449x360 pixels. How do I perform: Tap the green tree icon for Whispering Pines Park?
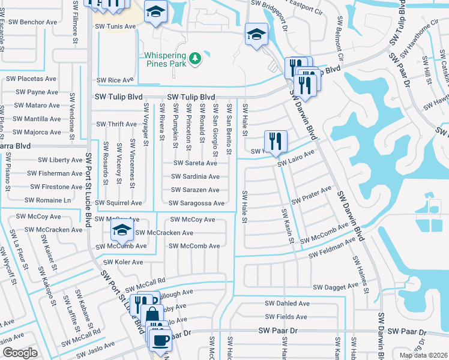(x=194, y=58)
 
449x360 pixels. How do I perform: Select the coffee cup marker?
(x=160, y=341)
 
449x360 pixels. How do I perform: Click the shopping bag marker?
(x=154, y=314)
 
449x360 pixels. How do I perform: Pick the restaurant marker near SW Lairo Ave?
(x=276, y=141)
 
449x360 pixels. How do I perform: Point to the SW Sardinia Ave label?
(x=195, y=176)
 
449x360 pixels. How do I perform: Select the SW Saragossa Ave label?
(x=197, y=203)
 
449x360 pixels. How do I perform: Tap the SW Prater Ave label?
(x=311, y=194)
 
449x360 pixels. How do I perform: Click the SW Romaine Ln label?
(x=47, y=200)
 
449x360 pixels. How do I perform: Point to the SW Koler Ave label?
(x=124, y=262)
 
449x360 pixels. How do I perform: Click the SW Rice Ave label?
(x=115, y=80)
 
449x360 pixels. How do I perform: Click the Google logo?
(x=20, y=353)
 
